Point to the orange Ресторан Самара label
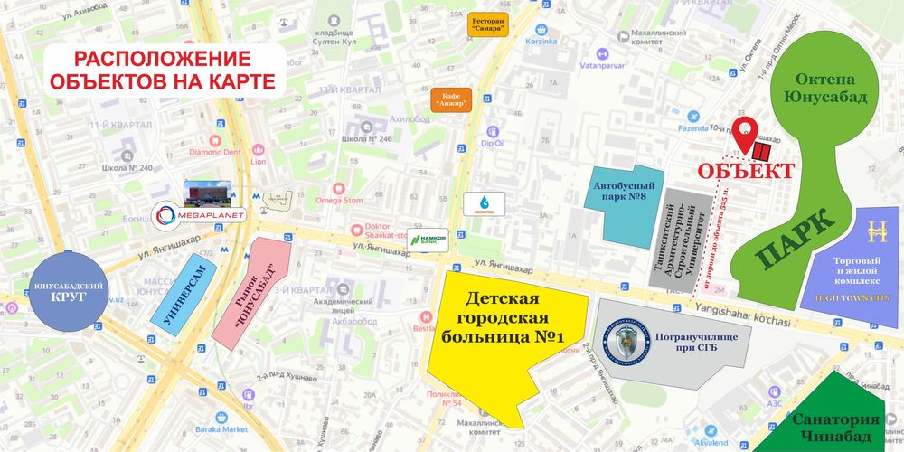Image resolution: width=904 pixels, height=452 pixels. (487, 24)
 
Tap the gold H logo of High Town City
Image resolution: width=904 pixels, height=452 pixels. (874, 231)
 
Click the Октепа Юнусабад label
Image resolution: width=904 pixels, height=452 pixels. (820, 89)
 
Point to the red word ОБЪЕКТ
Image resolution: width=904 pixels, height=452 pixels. (746, 172)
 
